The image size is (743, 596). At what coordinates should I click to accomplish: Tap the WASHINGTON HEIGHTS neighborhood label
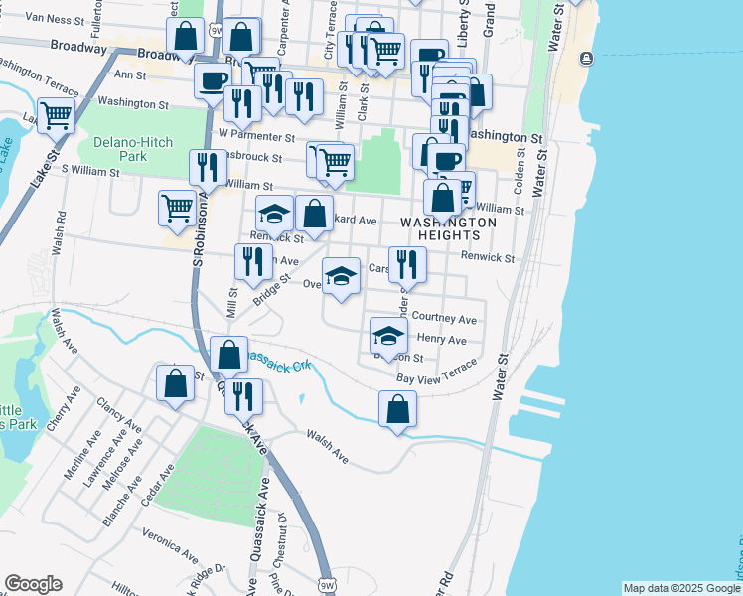coord(448,228)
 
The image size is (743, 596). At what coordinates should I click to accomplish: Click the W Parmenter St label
coord(257,136)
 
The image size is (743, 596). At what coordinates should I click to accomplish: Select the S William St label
coord(90,171)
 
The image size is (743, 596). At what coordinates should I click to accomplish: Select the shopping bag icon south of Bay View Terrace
coord(397,407)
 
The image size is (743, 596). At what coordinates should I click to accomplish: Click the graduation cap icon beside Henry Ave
coord(388,334)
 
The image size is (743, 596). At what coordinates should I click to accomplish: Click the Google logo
coord(33,584)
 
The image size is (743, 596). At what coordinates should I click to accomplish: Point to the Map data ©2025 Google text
coord(680,588)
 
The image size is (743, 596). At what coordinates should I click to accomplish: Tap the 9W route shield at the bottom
coord(326,585)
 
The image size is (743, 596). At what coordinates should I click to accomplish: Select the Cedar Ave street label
coord(159,485)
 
